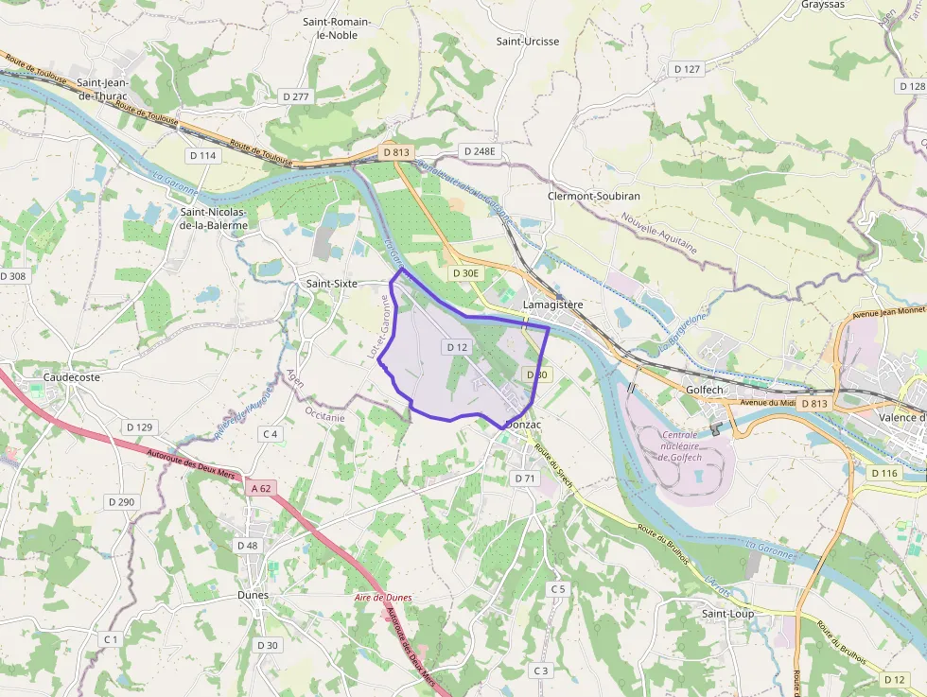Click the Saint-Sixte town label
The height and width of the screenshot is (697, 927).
331,283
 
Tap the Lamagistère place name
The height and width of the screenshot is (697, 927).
553,305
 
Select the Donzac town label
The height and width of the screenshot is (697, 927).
523,426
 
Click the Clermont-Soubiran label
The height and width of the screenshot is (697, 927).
594,196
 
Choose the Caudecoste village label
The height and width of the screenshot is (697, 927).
71,376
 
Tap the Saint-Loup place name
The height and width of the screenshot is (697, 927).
727,614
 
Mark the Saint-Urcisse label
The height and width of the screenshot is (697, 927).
528,41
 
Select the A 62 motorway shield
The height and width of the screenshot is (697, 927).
261,489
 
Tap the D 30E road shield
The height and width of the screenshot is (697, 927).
465,273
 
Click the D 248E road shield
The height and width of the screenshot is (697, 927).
479,151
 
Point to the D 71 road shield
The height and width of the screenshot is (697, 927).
526,479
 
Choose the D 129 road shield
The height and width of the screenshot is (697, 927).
139,427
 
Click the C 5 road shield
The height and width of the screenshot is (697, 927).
558,589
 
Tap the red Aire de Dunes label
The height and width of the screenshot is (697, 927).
383,598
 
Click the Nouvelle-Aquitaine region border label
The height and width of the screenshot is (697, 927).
659,234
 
